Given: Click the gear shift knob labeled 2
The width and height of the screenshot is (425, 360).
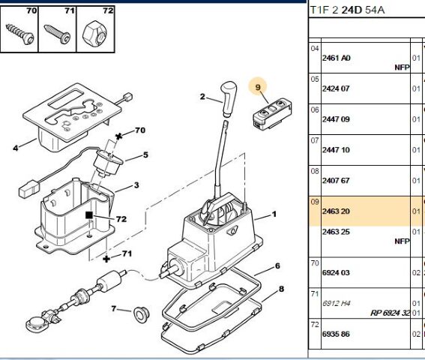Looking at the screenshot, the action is point(229,98).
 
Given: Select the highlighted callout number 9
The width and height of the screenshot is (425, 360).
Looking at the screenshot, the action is point(258,87).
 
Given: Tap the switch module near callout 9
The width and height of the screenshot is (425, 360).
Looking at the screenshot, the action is point(272,114).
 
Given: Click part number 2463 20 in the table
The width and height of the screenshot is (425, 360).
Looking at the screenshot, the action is point(336,211).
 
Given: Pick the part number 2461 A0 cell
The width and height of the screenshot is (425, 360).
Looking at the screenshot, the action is point(336,58).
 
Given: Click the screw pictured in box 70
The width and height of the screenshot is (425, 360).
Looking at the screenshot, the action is point(20,34).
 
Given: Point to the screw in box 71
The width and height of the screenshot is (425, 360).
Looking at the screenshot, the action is point(58,34).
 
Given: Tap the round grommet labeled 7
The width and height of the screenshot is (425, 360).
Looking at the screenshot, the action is point(142,315).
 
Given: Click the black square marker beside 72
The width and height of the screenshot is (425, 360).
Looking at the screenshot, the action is point(89,215).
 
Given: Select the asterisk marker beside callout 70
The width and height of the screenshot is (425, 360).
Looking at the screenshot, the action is point(118,136).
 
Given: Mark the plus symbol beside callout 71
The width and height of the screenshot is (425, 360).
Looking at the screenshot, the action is point(106,259).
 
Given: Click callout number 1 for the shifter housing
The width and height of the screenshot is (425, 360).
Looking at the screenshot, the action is point(274,214).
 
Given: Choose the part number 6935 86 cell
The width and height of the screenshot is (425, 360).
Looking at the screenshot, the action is point(336,334).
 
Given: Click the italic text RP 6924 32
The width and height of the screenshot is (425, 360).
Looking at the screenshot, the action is point(390,313).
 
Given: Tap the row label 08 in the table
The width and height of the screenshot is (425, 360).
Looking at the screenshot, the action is point(315,171).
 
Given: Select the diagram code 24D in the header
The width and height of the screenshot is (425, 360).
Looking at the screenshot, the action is point(352,10).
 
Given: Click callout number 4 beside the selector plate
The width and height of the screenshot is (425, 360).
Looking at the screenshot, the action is point(16,148).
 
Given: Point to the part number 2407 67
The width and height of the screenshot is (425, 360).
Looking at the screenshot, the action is point(336,181).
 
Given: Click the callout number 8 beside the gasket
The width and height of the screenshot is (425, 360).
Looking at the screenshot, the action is point(281,289).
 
